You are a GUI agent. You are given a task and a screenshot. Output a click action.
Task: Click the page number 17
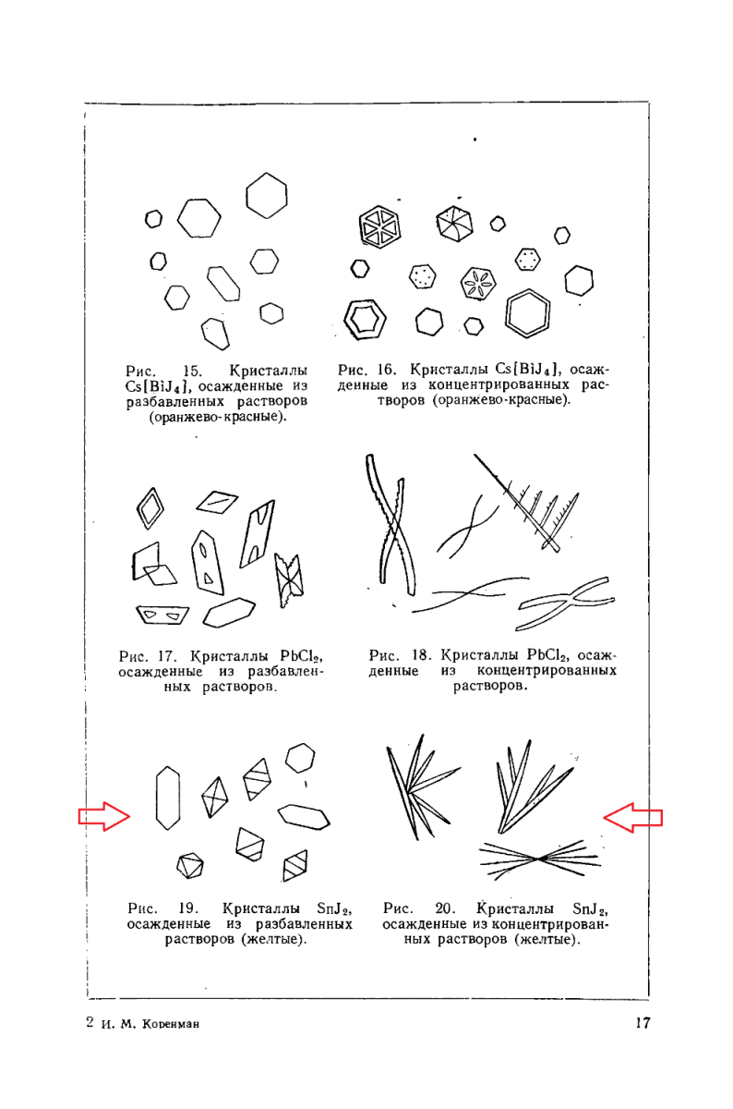click(643, 1023)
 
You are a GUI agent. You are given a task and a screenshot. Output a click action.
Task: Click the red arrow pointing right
click(103, 816)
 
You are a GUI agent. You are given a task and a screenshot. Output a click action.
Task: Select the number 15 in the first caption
click(193, 371)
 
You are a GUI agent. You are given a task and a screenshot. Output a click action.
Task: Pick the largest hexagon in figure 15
click(267, 196)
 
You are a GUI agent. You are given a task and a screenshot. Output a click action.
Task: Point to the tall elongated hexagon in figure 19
click(168, 798)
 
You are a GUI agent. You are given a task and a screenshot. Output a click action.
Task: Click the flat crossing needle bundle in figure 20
click(539, 858)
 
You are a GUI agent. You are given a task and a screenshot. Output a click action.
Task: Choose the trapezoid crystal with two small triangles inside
click(161, 614)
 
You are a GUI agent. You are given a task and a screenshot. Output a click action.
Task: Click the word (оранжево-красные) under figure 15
click(218, 417)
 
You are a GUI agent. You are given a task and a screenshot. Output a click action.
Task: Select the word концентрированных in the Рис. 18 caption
click(547, 671)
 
